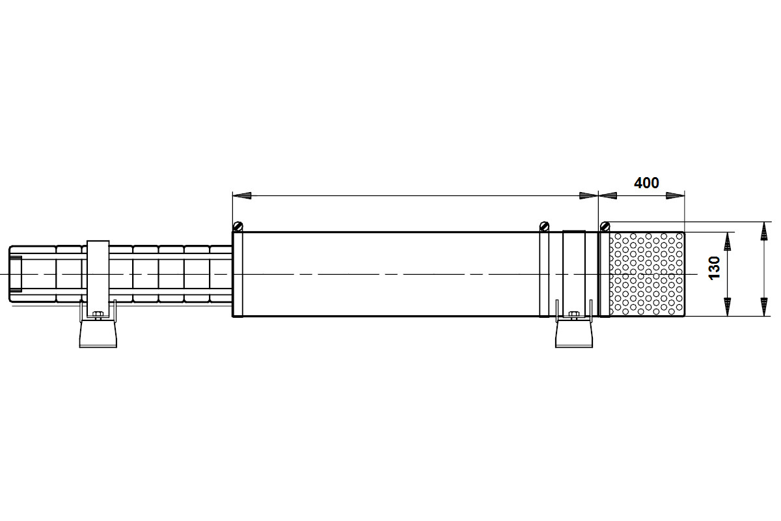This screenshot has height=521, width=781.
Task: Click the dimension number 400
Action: tap(646, 183)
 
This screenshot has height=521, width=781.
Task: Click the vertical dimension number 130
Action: tap(715, 268)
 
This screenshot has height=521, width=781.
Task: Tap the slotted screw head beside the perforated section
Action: tap(605, 227)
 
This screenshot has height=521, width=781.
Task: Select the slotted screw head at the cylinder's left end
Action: tap(238, 227)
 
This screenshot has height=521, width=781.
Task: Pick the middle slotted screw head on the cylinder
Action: tap(544, 227)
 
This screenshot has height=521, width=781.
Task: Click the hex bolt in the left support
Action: tap(98, 315)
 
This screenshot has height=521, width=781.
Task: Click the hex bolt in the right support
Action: tap(573, 315)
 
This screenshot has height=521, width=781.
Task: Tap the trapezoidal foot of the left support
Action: tap(98, 334)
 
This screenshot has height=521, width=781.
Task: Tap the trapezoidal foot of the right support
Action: tap(574, 334)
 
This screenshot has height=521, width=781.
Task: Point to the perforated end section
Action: tap(647, 274)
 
